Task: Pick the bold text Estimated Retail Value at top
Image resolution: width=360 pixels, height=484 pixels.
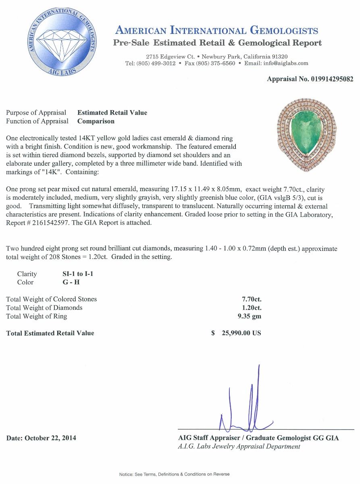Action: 112,113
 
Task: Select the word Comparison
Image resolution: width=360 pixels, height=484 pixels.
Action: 96,121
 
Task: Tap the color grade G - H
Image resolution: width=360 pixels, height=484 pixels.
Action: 69,282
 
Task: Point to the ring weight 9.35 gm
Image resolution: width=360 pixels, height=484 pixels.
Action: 250,316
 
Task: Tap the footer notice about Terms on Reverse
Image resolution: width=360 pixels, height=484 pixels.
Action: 174,474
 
